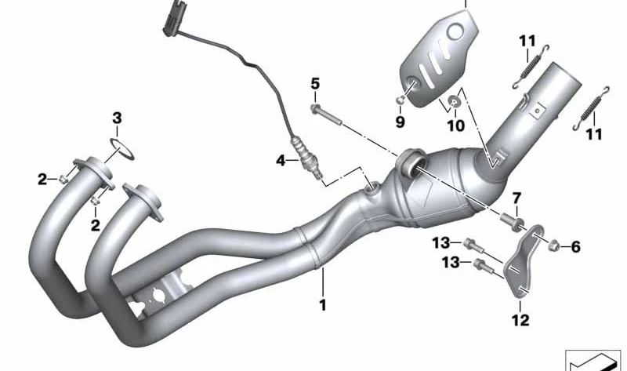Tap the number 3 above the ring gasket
(117, 119)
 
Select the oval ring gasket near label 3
(120, 148)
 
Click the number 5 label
(315, 83)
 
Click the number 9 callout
(400, 122)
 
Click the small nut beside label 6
(555, 246)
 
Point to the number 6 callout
(575, 248)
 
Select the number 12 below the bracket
(520, 320)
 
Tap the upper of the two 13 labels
(441, 242)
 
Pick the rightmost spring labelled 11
(593, 107)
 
